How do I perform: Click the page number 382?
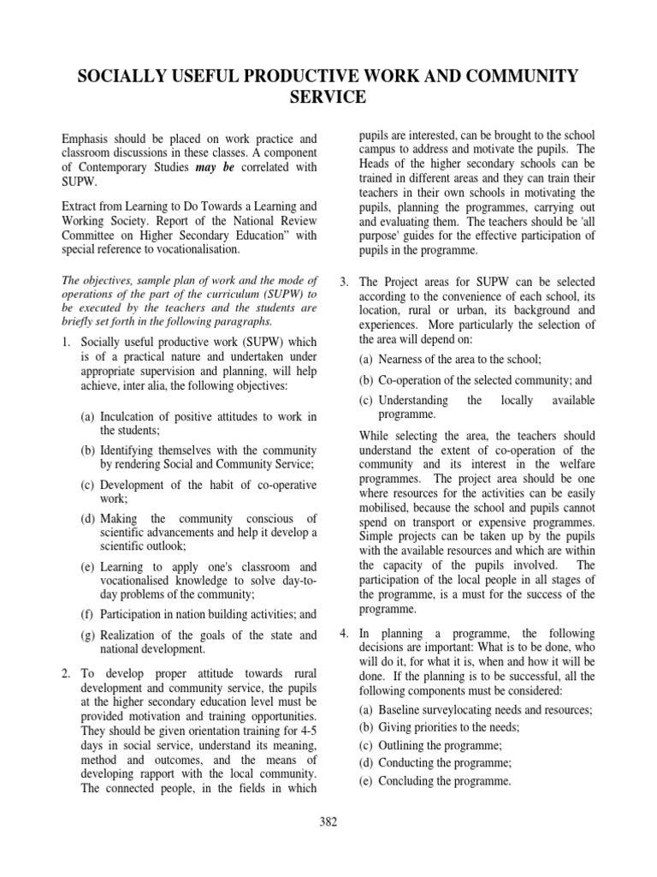tap(328, 822)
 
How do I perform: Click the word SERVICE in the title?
tap(328, 98)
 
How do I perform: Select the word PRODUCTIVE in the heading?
tap(275, 77)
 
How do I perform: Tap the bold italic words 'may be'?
tap(216, 167)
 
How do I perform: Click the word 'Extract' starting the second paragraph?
tap(82, 206)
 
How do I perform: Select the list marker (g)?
tap(87, 635)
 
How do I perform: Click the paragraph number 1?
tap(66, 343)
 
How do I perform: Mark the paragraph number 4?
tap(343, 633)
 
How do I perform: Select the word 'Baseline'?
tap(400, 710)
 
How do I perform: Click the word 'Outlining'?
tap(402, 745)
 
